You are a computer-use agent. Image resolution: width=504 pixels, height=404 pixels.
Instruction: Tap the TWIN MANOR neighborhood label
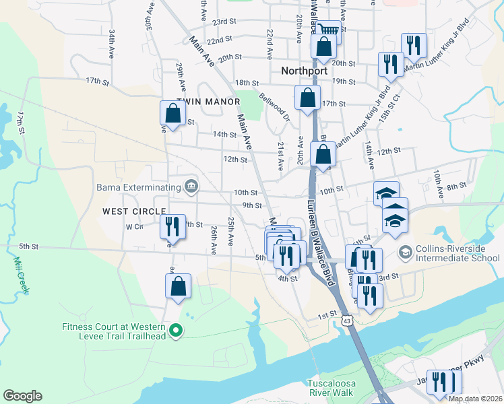[208, 102]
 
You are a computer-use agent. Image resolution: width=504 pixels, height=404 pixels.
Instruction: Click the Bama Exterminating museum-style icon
[191, 187]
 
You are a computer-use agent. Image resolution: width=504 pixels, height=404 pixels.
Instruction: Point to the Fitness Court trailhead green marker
[176, 330]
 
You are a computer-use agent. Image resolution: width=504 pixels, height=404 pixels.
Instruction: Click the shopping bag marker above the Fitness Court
[178, 285]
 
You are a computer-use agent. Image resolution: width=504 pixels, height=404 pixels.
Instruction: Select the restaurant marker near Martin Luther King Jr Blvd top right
[413, 45]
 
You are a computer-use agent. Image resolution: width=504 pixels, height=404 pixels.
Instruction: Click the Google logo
[22, 396]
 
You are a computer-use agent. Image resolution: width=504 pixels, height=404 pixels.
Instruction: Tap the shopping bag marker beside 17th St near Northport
[307, 98]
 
